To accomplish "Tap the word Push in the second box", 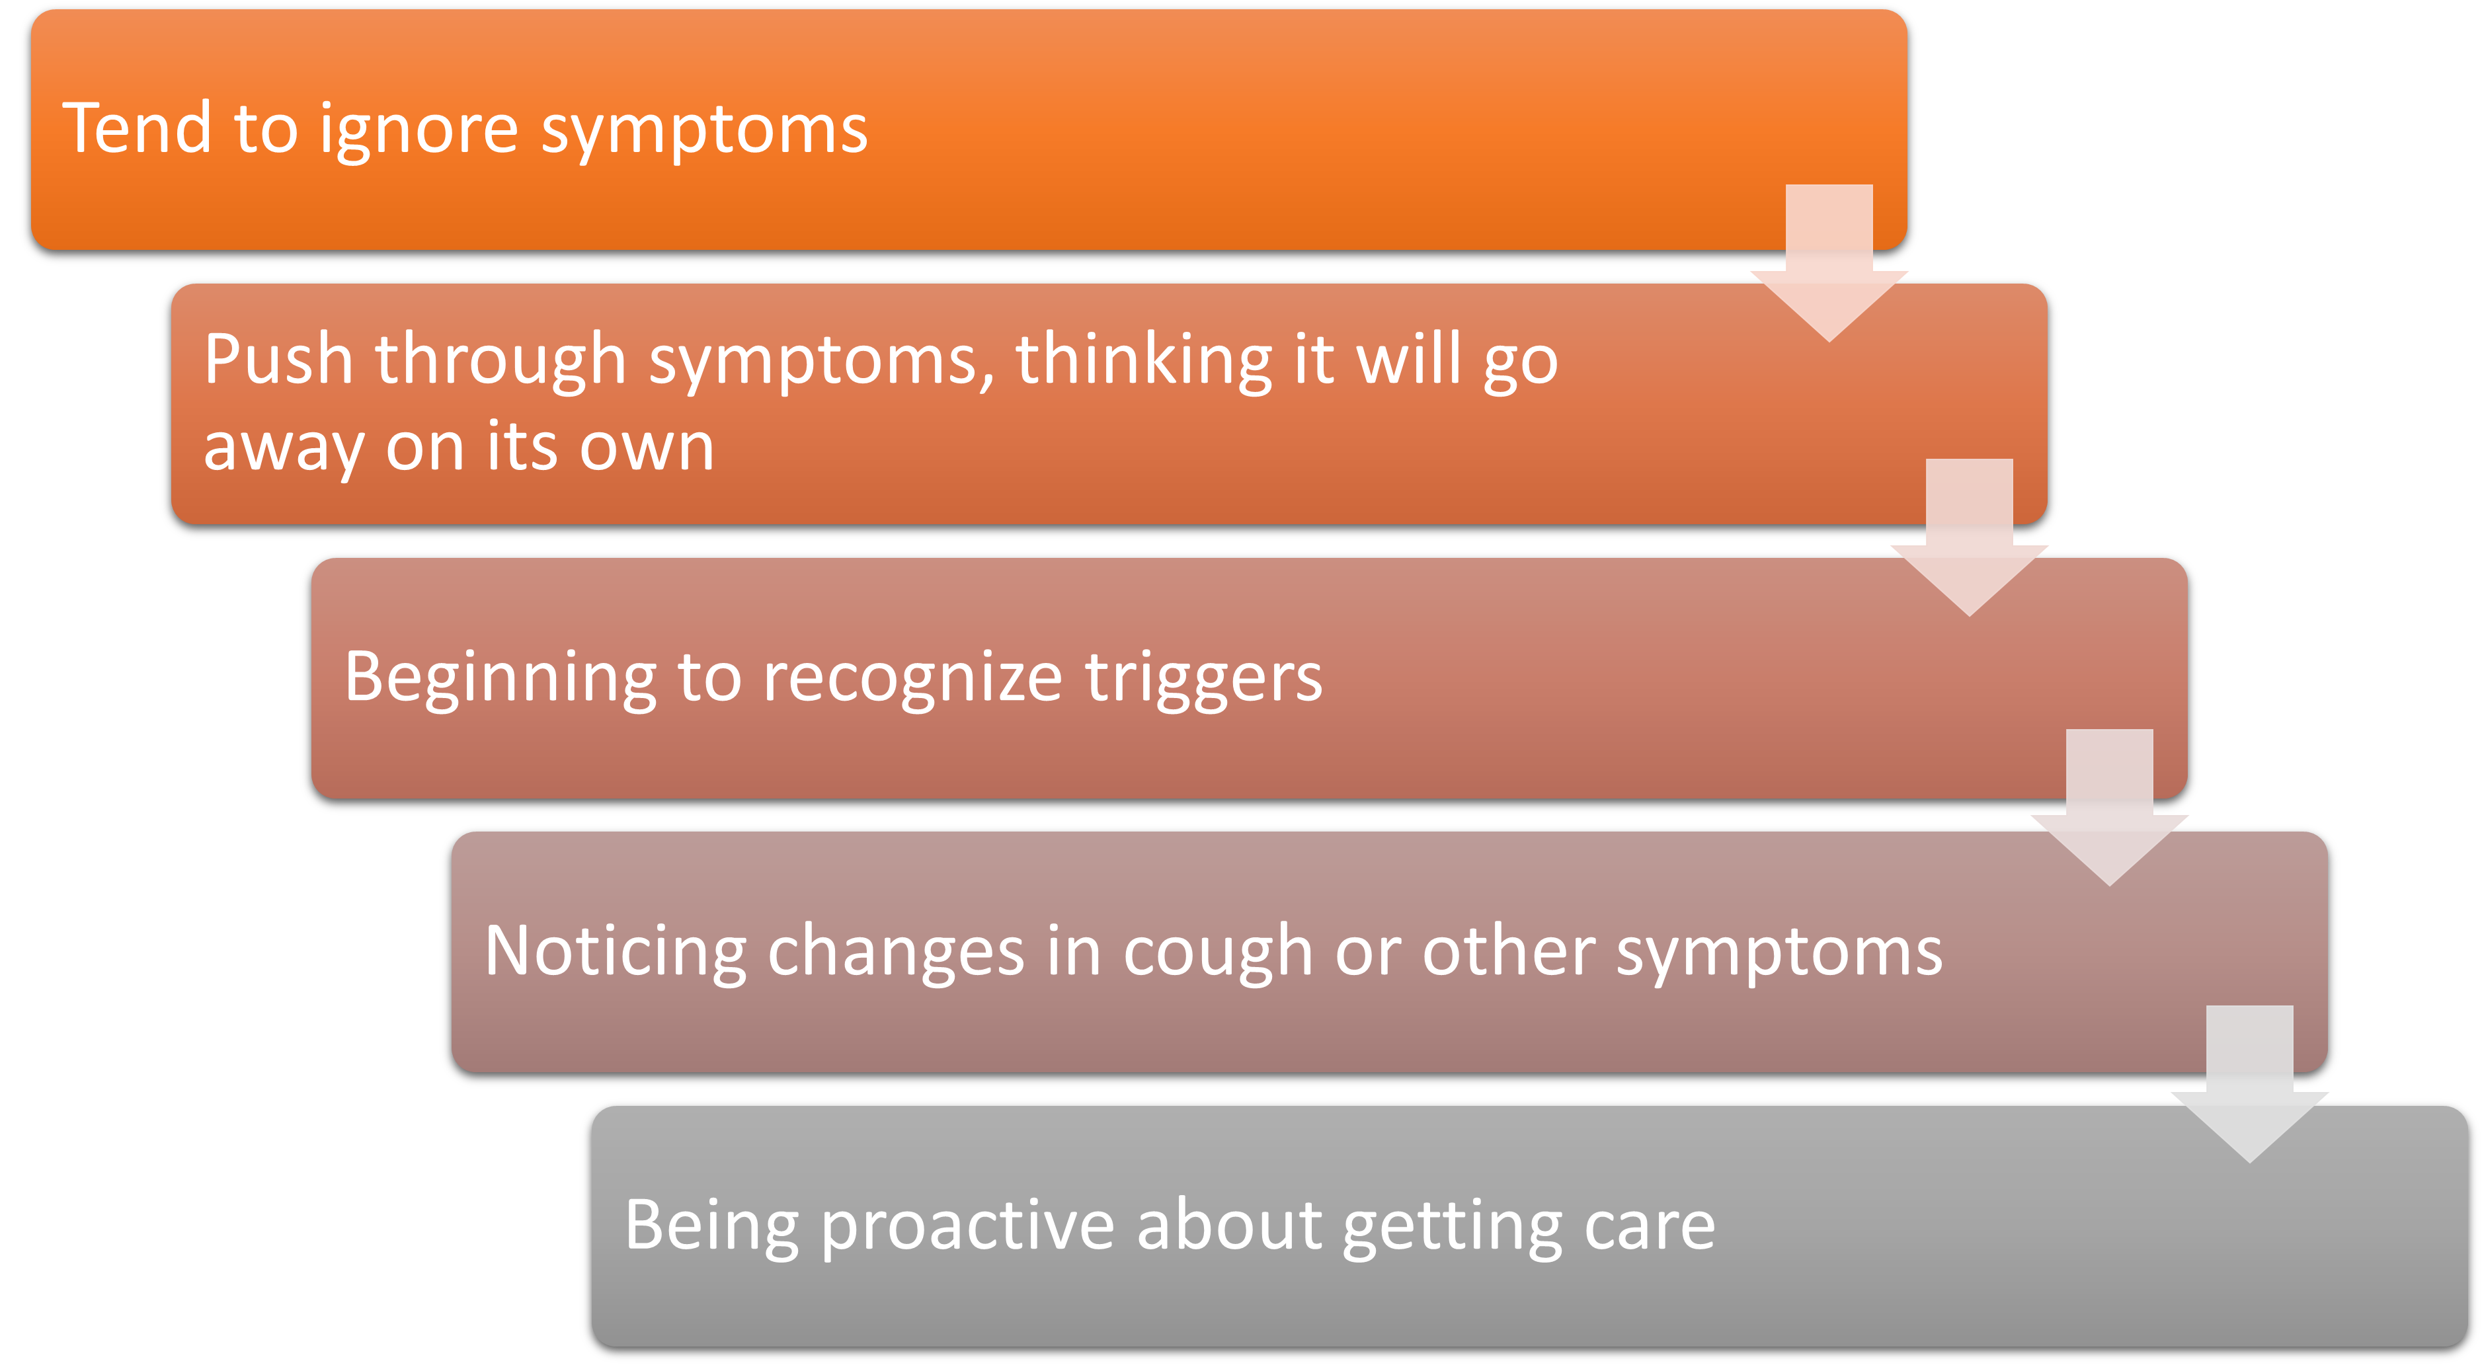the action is coord(278,360).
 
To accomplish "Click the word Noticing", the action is coord(616,955).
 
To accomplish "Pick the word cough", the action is coord(1218,955).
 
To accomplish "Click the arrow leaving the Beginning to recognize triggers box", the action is coord(2109,807).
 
